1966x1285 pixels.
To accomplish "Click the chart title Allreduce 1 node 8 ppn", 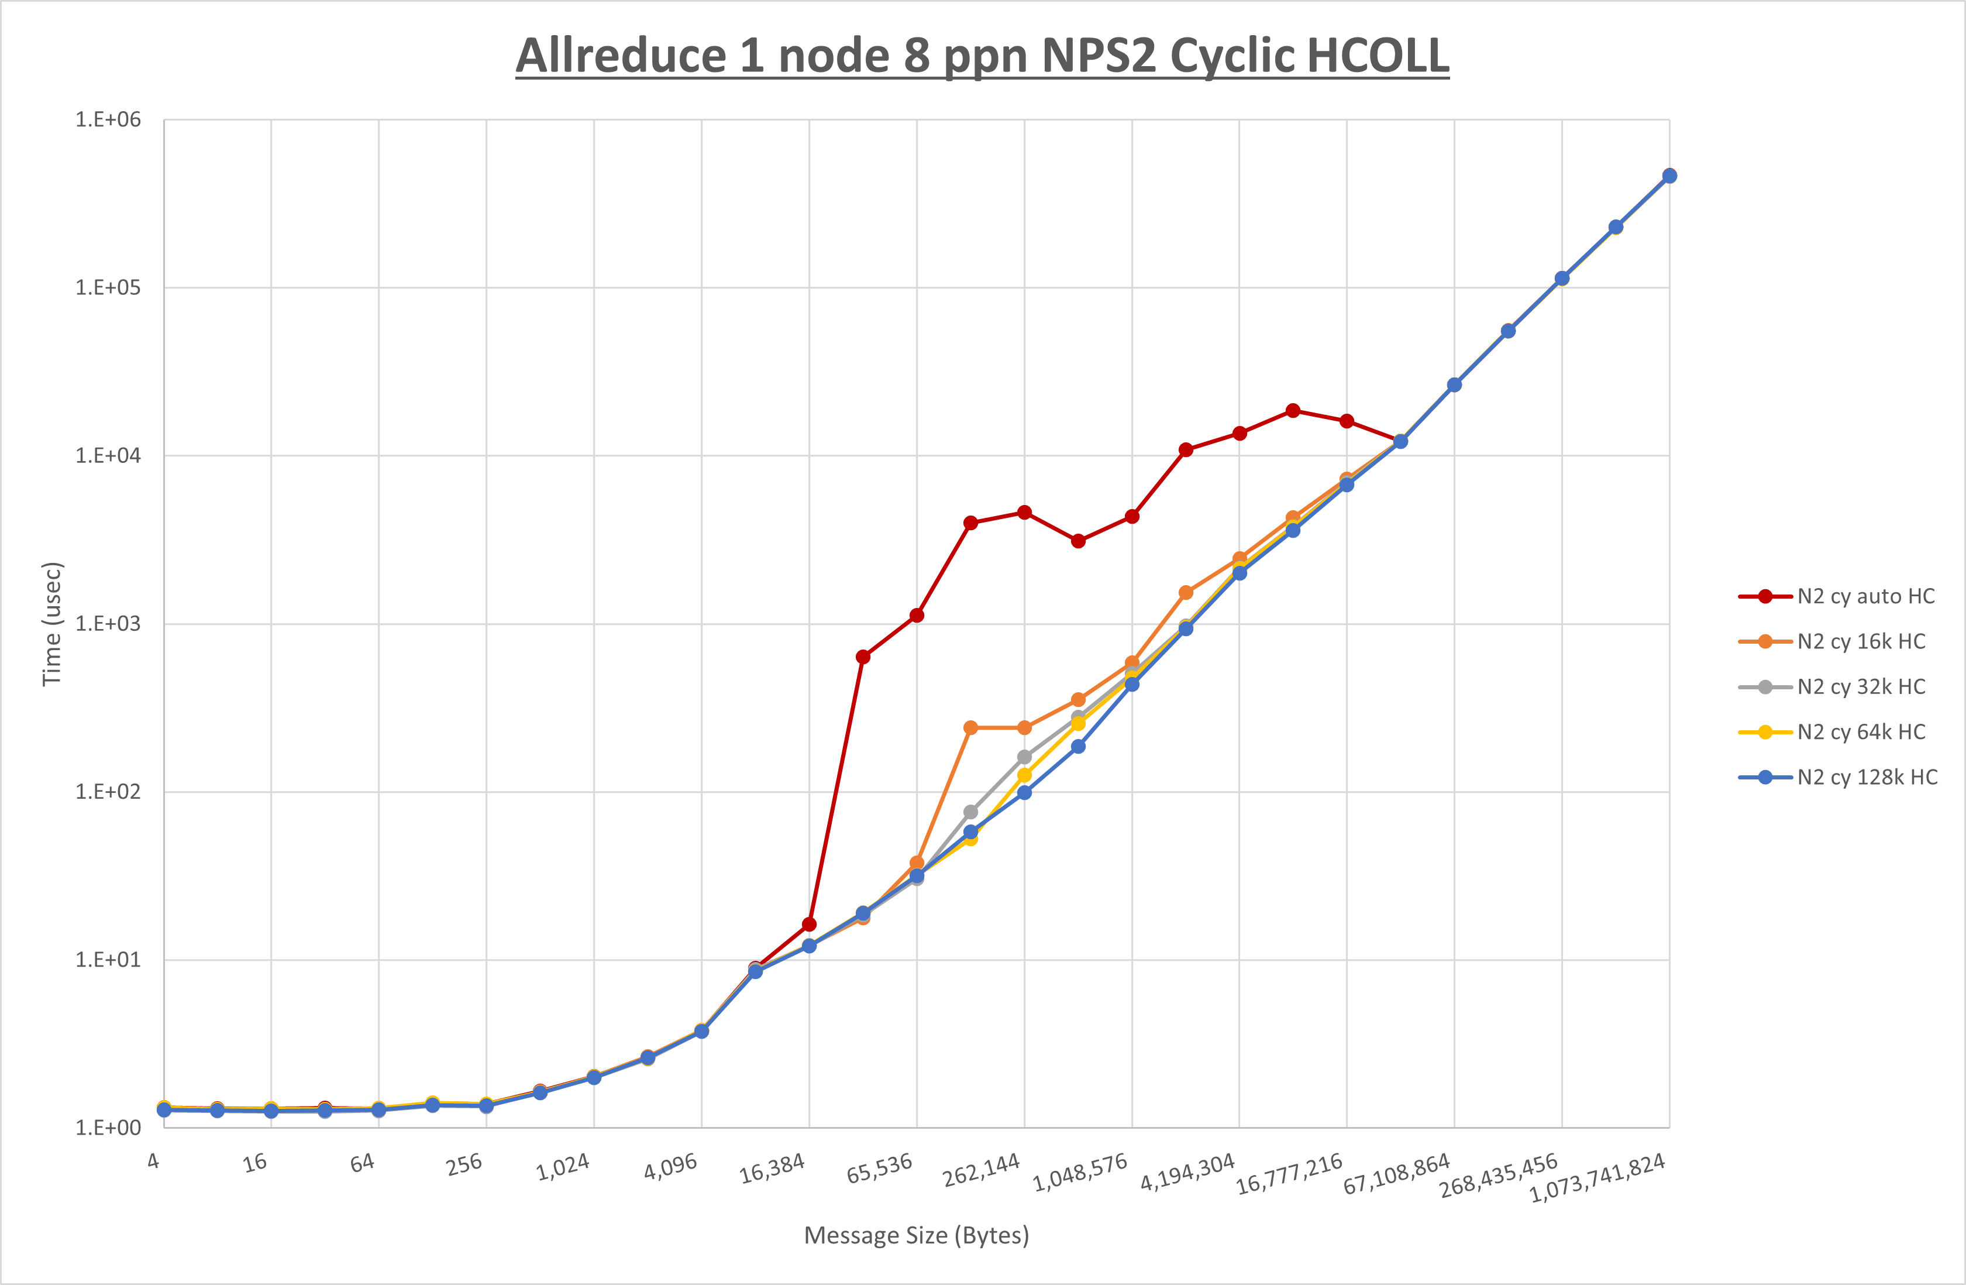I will [982, 56].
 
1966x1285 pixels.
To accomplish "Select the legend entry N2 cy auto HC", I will [1865, 597].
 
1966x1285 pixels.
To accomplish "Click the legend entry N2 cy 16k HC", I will [1860, 642].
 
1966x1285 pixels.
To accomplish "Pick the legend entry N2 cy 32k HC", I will [1860, 687].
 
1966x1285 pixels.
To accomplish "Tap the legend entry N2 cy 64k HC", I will [1860, 732].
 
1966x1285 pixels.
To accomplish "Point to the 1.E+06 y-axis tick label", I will [108, 120].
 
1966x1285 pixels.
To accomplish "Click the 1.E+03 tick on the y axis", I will [108, 624].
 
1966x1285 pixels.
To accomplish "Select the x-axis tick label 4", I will [154, 1161].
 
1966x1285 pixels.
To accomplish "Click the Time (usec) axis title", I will [52, 624].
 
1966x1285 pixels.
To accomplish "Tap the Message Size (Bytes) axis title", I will [916, 1235].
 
